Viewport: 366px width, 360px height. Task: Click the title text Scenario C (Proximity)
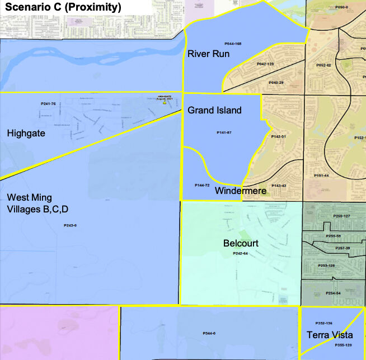pos(63,8)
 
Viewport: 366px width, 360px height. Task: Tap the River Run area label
pos(209,54)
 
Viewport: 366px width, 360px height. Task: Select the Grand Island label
pos(214,110)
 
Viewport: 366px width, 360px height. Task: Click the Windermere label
pos(240,191)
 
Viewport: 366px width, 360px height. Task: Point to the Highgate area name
pos(26,134)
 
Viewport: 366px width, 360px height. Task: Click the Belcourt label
pos(241,243)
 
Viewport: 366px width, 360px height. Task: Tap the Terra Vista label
pos(330,335)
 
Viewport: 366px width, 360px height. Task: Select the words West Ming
pos(26,197)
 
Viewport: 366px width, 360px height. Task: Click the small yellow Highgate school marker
pos(165,103)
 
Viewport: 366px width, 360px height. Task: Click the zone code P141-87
pos(224,132)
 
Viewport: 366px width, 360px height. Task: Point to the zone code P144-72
pos(202,185)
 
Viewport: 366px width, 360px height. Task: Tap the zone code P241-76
pos(48,104)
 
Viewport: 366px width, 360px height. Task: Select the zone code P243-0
pos(70,225)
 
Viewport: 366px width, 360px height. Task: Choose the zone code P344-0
pos(209,333)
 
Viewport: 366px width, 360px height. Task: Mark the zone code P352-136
pos(323,323)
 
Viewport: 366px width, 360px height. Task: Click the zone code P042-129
pos(265,64)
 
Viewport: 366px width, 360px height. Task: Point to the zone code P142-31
pos(279,136)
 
